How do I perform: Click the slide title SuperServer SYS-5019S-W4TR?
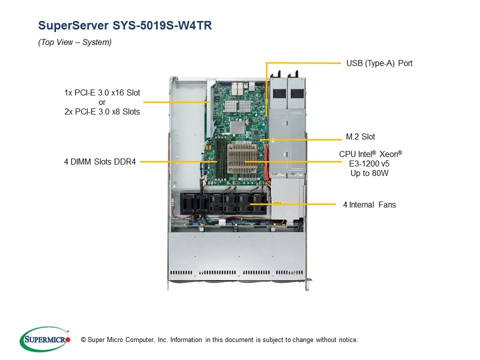coord(125,25)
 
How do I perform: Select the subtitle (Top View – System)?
coord(75,42)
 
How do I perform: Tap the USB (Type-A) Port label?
coord(379,63)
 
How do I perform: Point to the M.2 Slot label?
coord(360,136)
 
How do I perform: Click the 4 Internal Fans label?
coord(369,204)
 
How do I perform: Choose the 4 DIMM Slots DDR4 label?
coord(100,162)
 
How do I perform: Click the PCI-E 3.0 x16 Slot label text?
coord(102,93)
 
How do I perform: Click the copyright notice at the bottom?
coord(216,340)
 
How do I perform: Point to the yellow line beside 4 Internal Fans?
coord(295,204)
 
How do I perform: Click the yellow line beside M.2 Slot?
coord(300,139)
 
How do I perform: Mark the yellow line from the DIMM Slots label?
coord(177,162)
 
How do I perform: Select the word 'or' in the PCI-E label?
coord(102,102)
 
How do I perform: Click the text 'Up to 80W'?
coord(369,173)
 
